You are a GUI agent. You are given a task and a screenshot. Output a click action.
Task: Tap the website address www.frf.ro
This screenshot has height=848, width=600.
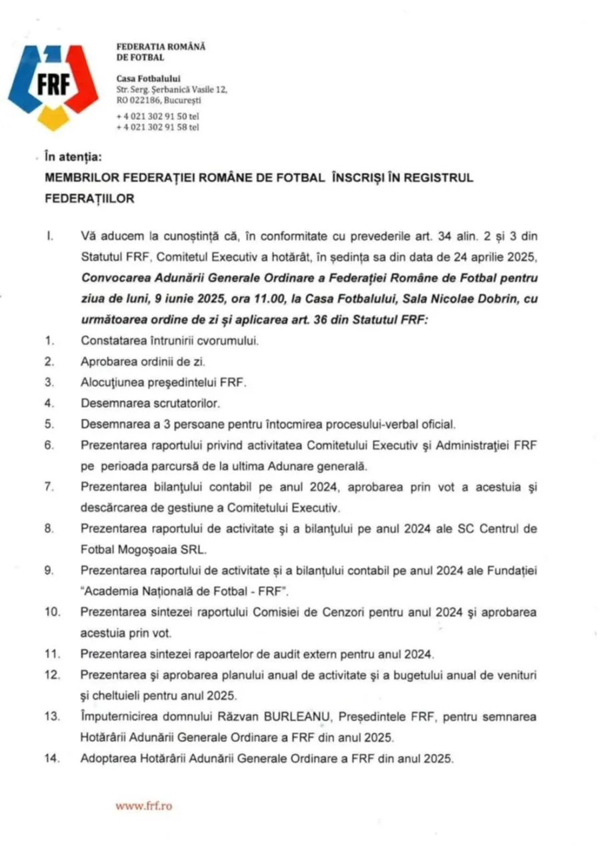coord(143,805)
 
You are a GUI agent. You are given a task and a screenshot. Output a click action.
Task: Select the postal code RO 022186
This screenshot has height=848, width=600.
coord(142,101)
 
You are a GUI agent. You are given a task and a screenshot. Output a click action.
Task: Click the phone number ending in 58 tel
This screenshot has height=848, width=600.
coord(157,127)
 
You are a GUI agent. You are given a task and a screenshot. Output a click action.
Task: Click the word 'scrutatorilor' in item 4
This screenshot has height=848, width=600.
coord(187,404)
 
